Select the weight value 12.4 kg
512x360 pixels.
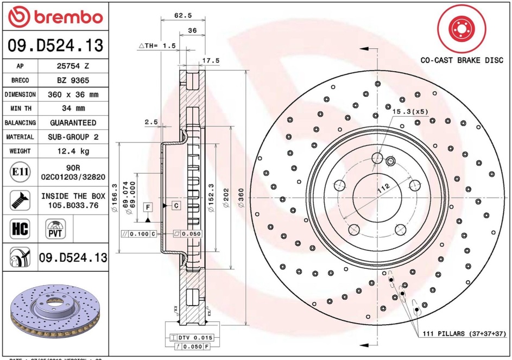[x=73, y=151]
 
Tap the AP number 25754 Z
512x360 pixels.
[x=73, y=66]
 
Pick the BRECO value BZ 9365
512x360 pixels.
[x=73, y=80]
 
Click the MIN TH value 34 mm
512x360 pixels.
[x=73, y=109]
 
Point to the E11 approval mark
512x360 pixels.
[x=20, y=173]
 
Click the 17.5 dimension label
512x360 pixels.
[x=211, y=60]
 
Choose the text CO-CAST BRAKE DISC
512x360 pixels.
[x=462, y=60]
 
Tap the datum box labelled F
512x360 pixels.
[x=147, y=206]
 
